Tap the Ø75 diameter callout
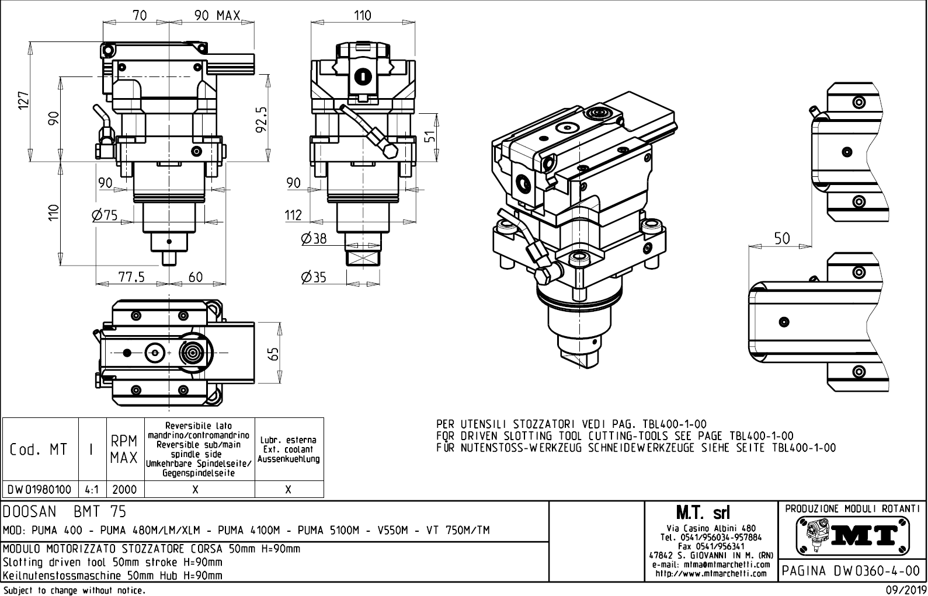(105, 215)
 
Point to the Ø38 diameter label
(314, 238)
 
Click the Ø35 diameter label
(314, 277)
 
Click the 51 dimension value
(429, 137)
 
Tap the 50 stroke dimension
(782, 238)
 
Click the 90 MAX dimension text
(217, 16)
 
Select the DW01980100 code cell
(40, 489)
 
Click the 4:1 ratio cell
(92, 489)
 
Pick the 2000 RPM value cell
(124, 489)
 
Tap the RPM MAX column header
(124, 449)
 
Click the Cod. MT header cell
(39, 449)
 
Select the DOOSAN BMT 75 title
(64, 512)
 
